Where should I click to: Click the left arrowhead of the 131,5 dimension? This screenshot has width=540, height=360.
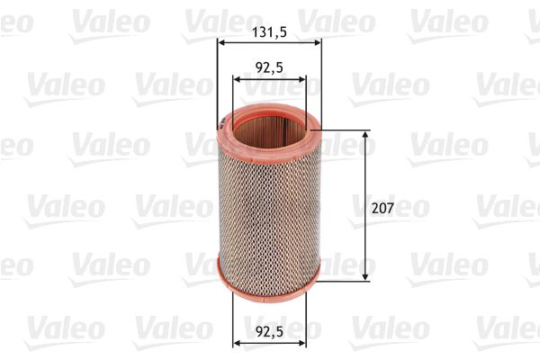coord(221,41)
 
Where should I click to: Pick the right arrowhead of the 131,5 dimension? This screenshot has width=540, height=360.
coord(318,41)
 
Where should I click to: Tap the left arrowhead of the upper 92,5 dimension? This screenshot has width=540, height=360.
coord(237,78)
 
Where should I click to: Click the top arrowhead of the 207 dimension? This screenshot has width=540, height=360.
coord(366,135)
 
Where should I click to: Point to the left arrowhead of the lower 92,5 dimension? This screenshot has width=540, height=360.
coord(237,342)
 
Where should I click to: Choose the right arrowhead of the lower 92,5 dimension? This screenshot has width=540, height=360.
coord(303,342)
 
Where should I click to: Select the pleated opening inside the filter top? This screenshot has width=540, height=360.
coord(270,128)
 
